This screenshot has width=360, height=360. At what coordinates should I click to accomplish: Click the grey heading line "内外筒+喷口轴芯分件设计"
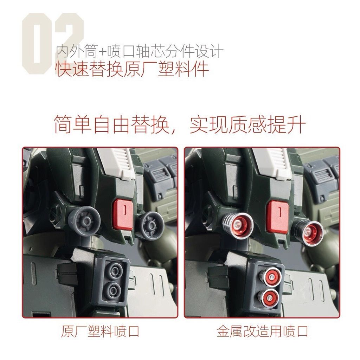pyautogui.click(x=139, y=52)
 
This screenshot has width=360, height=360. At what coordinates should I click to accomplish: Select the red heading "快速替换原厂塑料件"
pyautogui.click(x=132, y=69)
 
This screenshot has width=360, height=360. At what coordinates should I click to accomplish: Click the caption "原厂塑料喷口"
pyautogui.click(x=100, y=331)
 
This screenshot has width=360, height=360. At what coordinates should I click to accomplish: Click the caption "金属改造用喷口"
pyautogui.click(x=262, y=331)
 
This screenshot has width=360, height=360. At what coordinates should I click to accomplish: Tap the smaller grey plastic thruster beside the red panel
pyautogui.click(x=148, y=224)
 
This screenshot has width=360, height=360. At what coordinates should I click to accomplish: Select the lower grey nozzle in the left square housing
pyautogui.click(x=114, y=290)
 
